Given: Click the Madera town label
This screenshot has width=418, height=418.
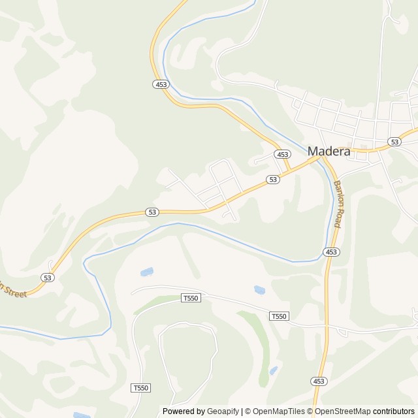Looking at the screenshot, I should click(x=329, y=152).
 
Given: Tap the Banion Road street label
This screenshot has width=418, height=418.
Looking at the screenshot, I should click(x=338, y=203).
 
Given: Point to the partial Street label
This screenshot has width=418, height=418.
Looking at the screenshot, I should click(x=13, y=290).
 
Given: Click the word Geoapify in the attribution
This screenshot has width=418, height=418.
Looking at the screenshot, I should click(x=224, y=411).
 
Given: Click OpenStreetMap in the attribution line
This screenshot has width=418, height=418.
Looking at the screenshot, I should click(x=341, y=411).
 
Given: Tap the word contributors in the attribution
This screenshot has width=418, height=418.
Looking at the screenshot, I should click(x=394, y=411).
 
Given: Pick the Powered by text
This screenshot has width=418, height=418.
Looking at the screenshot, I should click(x=184, y=411).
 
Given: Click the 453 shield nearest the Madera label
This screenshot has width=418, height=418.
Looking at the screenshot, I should click(x=282, y=155).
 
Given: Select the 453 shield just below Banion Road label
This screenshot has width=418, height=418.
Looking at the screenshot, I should click(x=331, y=252).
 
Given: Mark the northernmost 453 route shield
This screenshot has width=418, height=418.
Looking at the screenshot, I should click(x=161, y=84).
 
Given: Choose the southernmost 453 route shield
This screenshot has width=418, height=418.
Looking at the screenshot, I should click(x=318, y=381).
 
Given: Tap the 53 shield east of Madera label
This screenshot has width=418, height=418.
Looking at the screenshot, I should click(x=394, y=142).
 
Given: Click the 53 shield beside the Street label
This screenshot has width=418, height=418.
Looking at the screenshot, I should click(x=47, y=278).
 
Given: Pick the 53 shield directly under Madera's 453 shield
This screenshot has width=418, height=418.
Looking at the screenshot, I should click(x=273, y=179).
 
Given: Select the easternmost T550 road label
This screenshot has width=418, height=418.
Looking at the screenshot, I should click(x=278, y=316).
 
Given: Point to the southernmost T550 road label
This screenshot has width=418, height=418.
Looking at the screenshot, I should click(x=140, y=388).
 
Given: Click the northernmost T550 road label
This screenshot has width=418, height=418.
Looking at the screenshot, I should click(x=189, y=298).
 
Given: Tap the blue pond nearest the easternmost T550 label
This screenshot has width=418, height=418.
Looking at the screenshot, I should click(x=260, y=289).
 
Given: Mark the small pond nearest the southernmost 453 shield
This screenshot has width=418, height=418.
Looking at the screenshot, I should click(x=273, y=370).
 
